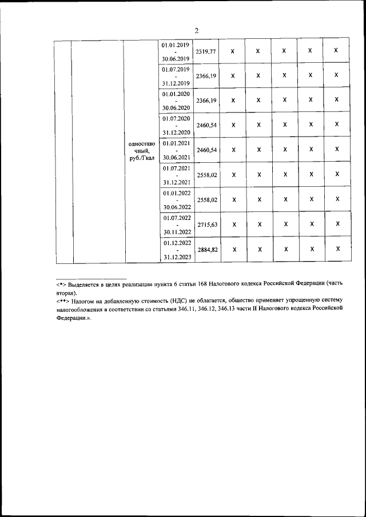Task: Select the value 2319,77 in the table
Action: [x=206, y=51]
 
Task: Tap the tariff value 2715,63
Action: [x=206, y=225]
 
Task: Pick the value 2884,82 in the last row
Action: [x=206, y=250]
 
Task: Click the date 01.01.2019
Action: [x=176, y=44]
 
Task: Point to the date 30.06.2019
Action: [x=176, y=58]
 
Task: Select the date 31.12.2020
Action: [x=176, y=132]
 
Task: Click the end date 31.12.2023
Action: [x=176, y=257]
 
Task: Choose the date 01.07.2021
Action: [x=176, y=168]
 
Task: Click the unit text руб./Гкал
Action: [x=142, y=158]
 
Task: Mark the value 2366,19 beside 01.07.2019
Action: [x=206, y=76]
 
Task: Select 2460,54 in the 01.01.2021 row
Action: [x=206, y=150]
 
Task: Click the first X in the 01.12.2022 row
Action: [x=233, y=249]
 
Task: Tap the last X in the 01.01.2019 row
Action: [x=336, y=51]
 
